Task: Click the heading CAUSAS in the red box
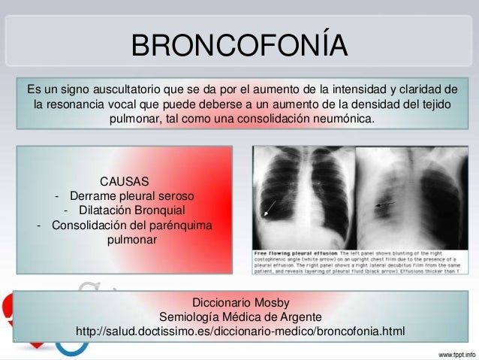point(125,181)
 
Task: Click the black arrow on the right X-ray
point(387,203)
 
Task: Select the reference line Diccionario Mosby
point(239,302)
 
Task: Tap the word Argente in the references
point(300,316)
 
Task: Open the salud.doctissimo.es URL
point(239,331)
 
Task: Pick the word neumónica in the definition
point(341,119)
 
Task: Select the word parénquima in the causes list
point(179,225)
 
